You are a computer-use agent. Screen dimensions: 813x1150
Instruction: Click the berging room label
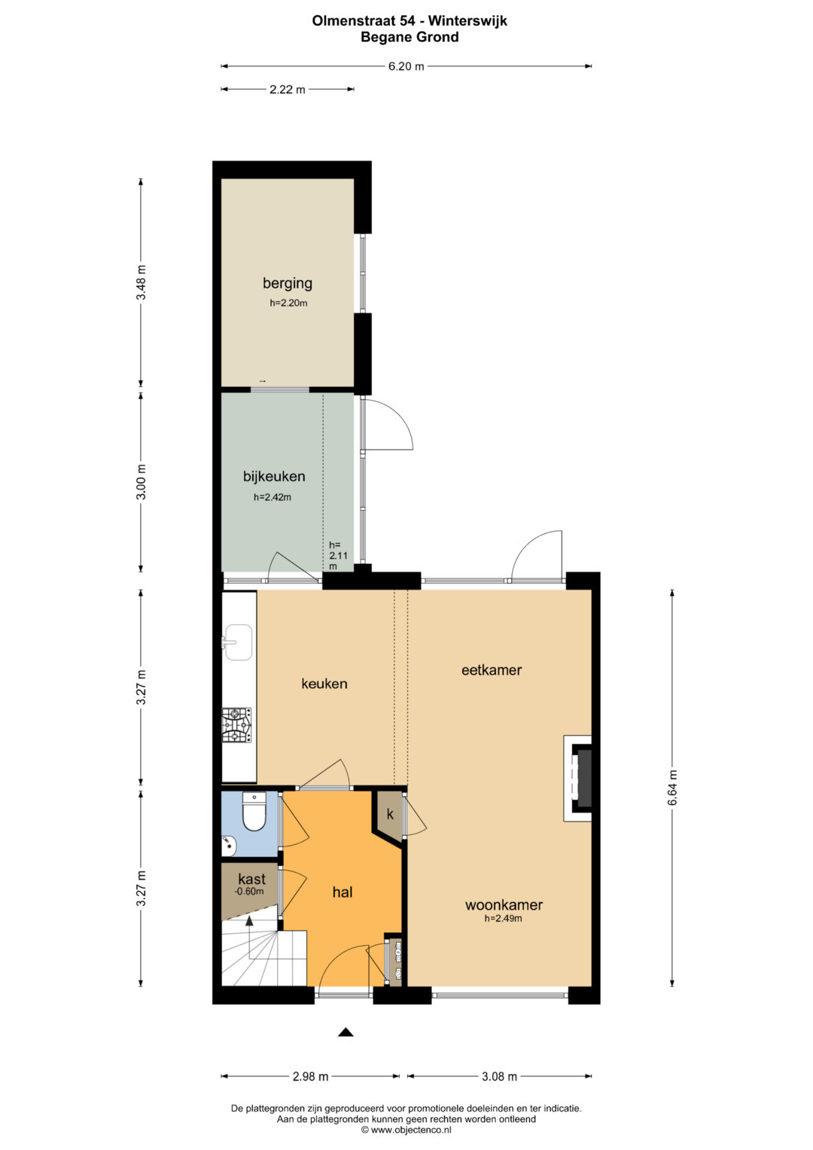(x=287, y=283)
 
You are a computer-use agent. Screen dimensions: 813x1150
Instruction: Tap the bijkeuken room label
(x=274, y=477)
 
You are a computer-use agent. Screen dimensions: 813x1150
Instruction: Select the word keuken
(x=324, y=683)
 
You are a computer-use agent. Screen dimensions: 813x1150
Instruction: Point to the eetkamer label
(x=491, y=670)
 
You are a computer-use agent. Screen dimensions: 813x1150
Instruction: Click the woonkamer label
(x=504, y=904)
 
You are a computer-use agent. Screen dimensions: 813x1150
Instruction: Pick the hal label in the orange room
(x=343, y=892)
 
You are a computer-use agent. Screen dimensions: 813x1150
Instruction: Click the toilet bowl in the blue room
(x=254, y=811)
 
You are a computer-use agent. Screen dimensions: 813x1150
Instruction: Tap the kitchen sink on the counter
(x=238, y=642)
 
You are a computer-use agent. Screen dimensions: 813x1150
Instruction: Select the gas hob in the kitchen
(x=236, y=725)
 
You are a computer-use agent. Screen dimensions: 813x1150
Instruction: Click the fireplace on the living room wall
(x=578, y=779)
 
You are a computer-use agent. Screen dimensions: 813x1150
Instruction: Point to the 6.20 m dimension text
(x=406, y=66)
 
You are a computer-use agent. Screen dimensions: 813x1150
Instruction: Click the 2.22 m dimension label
(x=287, y=90)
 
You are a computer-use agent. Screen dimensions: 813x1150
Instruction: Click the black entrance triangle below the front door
(x=346, y=1033)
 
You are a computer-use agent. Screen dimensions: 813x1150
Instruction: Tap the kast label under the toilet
(x=251, y=878)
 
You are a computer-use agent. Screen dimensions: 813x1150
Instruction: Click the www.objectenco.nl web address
(x=406, y=1130)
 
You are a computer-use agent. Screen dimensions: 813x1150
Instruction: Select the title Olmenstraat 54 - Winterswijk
(x=409, y=20)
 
